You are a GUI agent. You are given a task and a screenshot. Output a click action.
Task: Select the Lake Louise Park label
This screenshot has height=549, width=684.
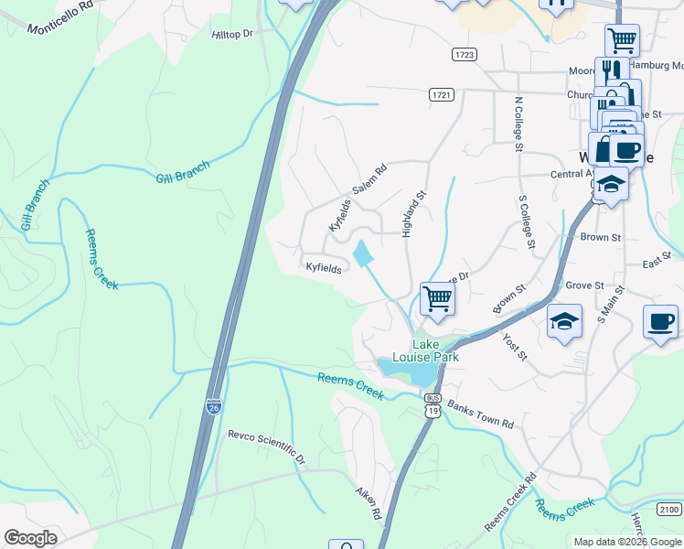tap(434, 350)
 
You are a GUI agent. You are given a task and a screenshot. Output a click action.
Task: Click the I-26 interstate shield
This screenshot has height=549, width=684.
tap(213, 406)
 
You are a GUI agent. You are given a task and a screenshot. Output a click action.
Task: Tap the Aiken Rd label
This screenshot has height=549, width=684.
tap(368, 503)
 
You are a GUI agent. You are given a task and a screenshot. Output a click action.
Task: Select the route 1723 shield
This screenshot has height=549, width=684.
tap(465, 55)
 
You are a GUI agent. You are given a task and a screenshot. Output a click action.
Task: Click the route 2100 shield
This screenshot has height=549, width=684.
tap(669, 509)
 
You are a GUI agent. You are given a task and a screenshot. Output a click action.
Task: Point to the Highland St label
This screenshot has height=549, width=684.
tap(410, 213)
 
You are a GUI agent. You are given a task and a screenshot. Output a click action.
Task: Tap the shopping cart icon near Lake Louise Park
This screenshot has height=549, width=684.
tap(437, 297)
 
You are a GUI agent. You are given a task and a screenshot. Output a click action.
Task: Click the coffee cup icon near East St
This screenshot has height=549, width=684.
tap(660, 321)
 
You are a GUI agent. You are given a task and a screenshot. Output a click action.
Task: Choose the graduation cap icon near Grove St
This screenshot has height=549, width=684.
tap(564, 321)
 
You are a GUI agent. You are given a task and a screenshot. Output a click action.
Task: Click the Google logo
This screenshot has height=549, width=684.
tap(30, 537)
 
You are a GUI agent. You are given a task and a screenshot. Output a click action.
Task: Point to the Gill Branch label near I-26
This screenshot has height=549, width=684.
tap(183, 173)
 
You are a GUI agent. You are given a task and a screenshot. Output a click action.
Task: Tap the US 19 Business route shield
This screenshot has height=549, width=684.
tap(430, 404)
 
